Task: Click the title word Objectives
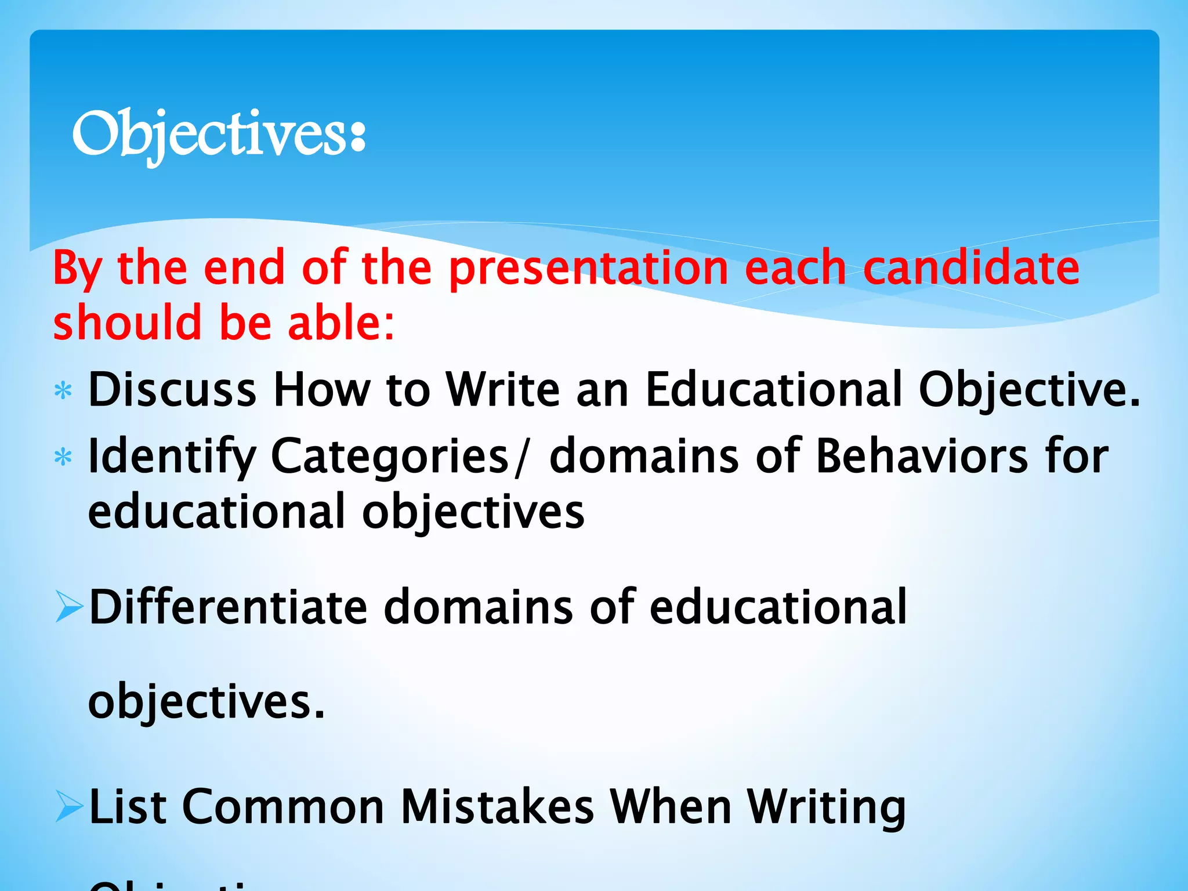pyautogui.click(x=218, y=135)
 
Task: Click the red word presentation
pyautogui.click(x=588, y=268)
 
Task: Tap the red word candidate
pyautogui.click(x=971, y=268)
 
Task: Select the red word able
pyautogui.click(x=341, y=323)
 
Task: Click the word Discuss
pyautogui.click(x=172, y=390)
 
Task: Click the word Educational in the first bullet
pyautogui.click(x=774, y=390)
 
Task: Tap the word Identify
pyautogui.click(x=172, y=457)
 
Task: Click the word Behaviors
pyautogui.click(x=921, y=457)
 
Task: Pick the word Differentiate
pyautogui.click(x=228, y=607)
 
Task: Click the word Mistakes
pyautogui.click(x=497, y=807)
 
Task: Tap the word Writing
pyautogui.click(x=826, y=807)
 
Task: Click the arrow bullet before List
pyautogui.click(x=69, y=807)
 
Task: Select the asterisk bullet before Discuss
pyautogui.click(x=63, y=391)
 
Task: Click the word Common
pyautogui.click(x=283, y=807)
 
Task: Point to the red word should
pyautogui.click(x=126, y=323)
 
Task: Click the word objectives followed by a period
pyautogui.click(x=206, y=702)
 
